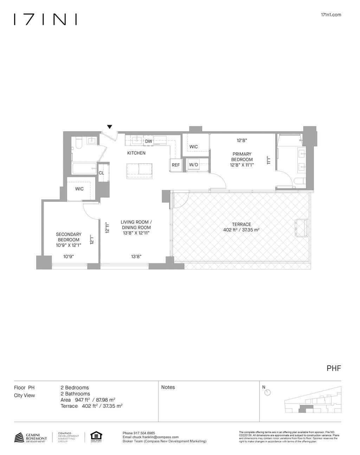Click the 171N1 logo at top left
coord(45,19)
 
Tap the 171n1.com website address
coord(331,15)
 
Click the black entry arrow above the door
coord(110,127)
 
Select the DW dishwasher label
coord(148,141)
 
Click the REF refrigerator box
coord(176,165)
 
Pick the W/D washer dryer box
coord(193,165)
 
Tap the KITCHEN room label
coord(136,153)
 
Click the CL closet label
coord(101,173)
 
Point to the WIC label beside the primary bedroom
coord(193,147)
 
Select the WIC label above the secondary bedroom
coord(79,189)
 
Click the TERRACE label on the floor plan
coord(241,224)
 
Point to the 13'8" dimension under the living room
coord(136,257)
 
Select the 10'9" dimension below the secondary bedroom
coord(69,257)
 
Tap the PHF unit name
coord(334,369)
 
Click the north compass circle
coord(267,393)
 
